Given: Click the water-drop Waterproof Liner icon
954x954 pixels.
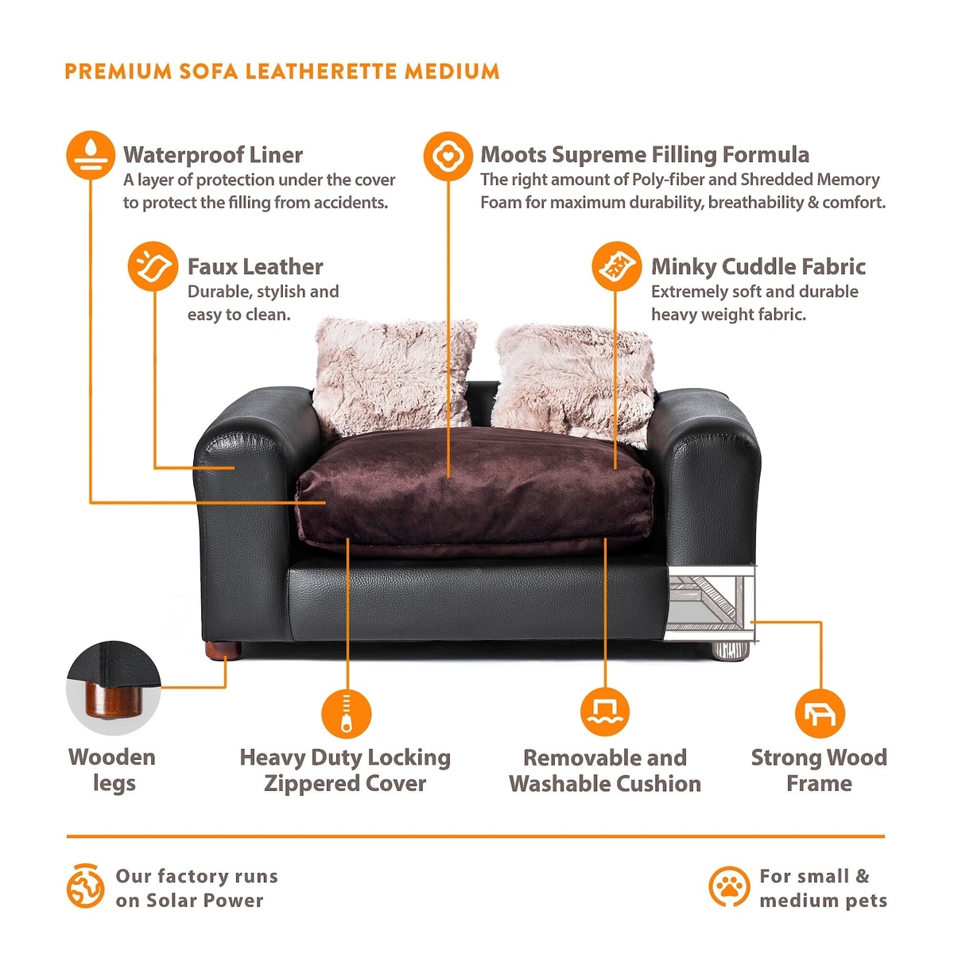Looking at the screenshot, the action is click(x=91, y=155).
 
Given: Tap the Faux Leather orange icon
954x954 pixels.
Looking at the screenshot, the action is click(x=153, y=266).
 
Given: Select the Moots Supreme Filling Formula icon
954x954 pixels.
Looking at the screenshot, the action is click(x=448, y=157).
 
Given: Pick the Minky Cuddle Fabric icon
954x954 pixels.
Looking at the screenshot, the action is click(x=617, y=266).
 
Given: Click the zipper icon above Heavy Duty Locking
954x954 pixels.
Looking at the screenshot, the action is click(x=347, y=713).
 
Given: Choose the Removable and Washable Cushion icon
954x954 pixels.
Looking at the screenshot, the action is click(x=605, y=712).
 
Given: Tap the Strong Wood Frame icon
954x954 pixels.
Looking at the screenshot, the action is click(x=820, y=713).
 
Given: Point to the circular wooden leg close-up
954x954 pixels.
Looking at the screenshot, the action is click(x=114, y=688).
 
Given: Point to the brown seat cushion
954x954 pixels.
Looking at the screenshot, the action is click(x=475, y=491).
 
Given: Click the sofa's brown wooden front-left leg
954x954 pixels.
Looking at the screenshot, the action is click(x=223, y=651).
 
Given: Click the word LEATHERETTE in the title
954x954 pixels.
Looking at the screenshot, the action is click(x=322, y=72).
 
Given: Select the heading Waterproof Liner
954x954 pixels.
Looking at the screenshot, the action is click(x=213, y=155).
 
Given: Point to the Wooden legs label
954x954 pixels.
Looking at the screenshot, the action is click(x=112, y=771).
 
